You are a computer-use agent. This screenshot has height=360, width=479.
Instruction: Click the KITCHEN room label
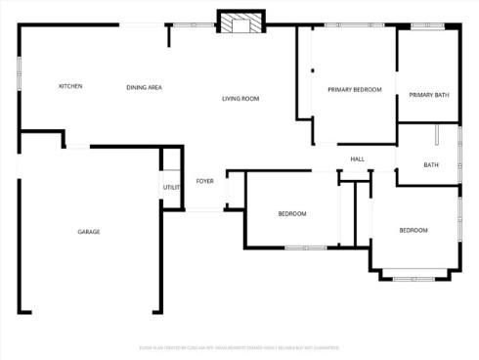(x=70, y=86)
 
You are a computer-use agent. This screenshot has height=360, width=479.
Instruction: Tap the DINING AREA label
(x=144, y=88)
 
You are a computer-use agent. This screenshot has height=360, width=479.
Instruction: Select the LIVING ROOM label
(x=239, y=98)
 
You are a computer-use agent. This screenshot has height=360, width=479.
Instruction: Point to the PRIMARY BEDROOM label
(x=354, y=89)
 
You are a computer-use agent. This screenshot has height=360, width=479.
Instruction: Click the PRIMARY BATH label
(x=428, y=95)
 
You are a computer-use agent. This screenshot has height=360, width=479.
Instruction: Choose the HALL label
(x=358, y=158)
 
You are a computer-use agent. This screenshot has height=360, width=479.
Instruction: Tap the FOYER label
(x=205, y=181)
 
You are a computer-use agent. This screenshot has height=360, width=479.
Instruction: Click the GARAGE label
(x=89, y=232)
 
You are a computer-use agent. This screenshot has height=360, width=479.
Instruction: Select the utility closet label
(x=171, y=187)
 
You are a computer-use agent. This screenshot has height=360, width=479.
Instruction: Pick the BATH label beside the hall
(x=431, y=164)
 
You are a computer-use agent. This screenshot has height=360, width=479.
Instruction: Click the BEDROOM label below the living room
(x=291, y=213)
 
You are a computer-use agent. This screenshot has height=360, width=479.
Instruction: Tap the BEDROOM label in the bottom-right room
(x=413, y=230)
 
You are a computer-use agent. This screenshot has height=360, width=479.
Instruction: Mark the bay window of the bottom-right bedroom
(x=414, y=278)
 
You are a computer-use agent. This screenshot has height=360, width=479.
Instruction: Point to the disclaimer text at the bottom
(x=239, y=347)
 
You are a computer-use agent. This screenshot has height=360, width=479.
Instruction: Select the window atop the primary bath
(x=427, y=25)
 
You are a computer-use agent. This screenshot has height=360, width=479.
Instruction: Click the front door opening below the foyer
(x=204, y=208)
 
